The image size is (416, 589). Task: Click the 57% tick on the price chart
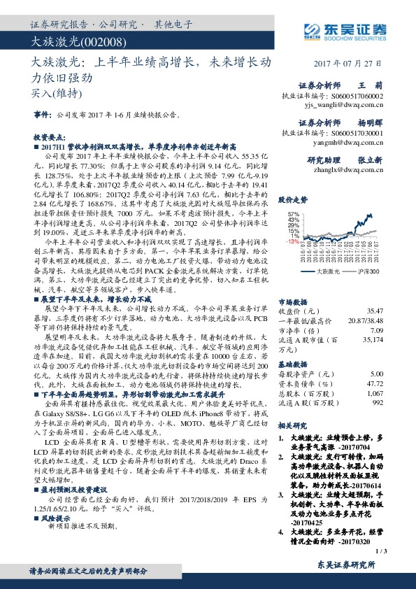click(294, 215)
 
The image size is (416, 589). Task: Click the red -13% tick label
click(294, 241)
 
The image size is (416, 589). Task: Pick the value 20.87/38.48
click(364, 320)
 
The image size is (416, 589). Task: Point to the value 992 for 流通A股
click(378, 403)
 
